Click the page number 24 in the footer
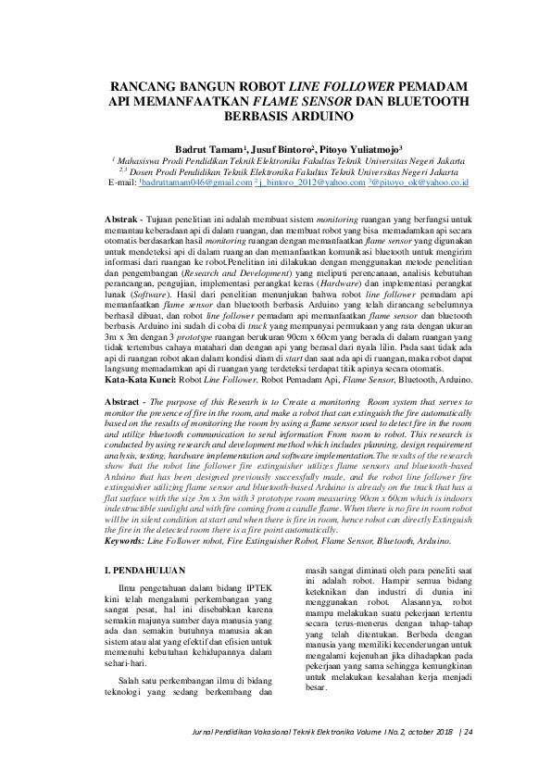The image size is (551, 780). point(469,732)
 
